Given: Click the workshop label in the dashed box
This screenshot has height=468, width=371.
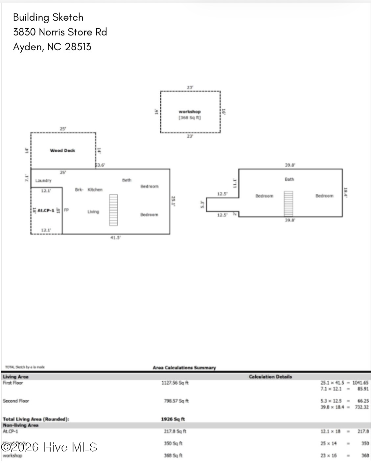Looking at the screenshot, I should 190,112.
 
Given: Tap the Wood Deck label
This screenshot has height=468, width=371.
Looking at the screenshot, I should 62,150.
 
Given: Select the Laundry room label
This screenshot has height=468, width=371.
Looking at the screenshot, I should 43,180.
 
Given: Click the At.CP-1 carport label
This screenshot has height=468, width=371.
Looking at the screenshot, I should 46,210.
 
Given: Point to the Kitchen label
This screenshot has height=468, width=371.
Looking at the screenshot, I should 95,189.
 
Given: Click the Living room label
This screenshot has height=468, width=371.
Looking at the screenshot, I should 93,212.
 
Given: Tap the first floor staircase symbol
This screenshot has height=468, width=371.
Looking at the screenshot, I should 113,210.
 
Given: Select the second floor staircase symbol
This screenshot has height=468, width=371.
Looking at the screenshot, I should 288,204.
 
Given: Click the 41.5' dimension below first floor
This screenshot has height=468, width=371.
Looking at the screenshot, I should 115,237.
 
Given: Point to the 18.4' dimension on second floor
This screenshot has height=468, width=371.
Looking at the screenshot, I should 345,192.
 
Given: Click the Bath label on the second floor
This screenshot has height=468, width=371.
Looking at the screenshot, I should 290,179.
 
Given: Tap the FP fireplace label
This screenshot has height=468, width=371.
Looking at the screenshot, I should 66,210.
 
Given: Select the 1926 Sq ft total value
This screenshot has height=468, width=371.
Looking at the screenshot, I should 173,419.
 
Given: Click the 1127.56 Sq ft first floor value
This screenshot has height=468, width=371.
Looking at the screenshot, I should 175,383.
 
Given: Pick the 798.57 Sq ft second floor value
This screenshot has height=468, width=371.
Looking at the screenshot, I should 176,401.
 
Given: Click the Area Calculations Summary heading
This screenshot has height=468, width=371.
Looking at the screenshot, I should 184,368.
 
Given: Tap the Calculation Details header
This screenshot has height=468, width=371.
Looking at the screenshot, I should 270,377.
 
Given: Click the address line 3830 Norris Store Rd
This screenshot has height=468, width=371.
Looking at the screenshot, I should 60,32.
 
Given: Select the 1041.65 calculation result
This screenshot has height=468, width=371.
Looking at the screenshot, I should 360,383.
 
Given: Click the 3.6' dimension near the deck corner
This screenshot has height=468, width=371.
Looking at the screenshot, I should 101,165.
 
